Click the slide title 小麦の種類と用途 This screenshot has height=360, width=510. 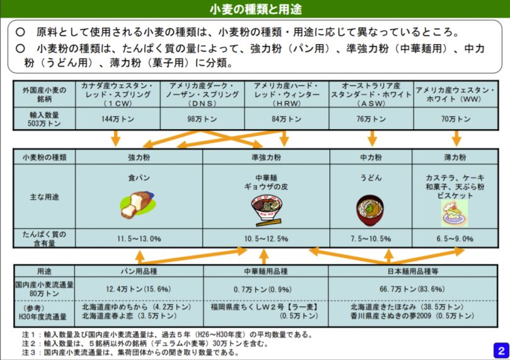click(256, 9)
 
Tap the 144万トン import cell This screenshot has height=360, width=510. click(118, 119)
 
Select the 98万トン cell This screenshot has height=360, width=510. click(202, 119)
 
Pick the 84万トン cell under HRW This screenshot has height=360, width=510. click(286, 119)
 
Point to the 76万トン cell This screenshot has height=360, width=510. click(371, 119)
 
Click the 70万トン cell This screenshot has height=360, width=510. click(456, 119)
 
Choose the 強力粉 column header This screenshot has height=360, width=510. click(139, 157)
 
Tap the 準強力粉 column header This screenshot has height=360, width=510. click(266, 157)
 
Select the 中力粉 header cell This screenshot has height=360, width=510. click(371, 157)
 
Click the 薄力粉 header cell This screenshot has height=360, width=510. click(455, 157)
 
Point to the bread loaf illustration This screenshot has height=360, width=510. click(138, 205)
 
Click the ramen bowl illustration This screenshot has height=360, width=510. click(266, 210)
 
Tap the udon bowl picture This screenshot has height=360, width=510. click(370, 210)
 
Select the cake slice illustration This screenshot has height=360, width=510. click(455, 213)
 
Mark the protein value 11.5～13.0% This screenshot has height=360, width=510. click(139, 239)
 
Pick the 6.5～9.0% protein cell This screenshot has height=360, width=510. click(455, 239)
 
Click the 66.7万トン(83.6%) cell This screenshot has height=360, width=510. click(412, 289)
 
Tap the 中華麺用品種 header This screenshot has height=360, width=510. click(266, 271)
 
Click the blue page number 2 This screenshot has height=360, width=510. click(501, 351)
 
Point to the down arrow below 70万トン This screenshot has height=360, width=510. click(456, 138)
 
